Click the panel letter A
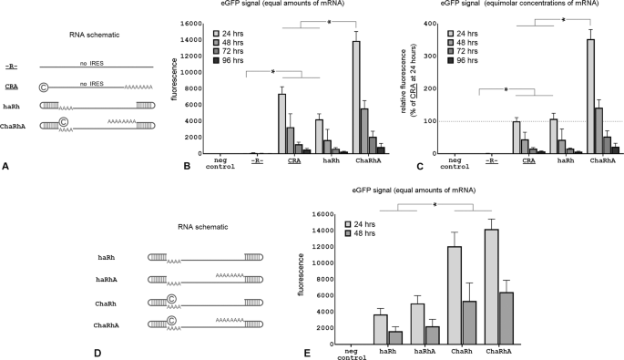7,166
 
